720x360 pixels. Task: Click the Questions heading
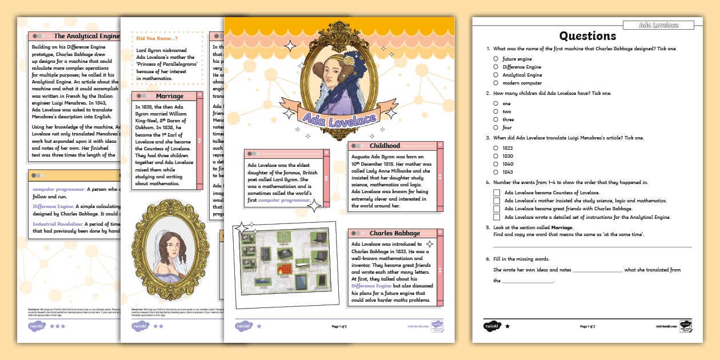coord(587,36)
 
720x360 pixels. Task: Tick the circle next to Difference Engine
coord(496,67)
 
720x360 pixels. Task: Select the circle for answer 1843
coord(496,172)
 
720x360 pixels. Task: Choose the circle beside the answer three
coord(496,119)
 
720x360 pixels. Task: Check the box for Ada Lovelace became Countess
coord(497,193)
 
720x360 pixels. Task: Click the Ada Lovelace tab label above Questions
coord(658,25)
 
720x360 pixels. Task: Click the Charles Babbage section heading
coord(394,233)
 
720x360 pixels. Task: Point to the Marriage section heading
coord(169,96)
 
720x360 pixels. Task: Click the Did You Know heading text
coord(157,38)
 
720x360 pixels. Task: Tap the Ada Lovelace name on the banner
coord(339,119)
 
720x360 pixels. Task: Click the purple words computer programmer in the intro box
coord(283,200)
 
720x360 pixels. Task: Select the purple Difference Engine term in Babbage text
coord(371,285)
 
